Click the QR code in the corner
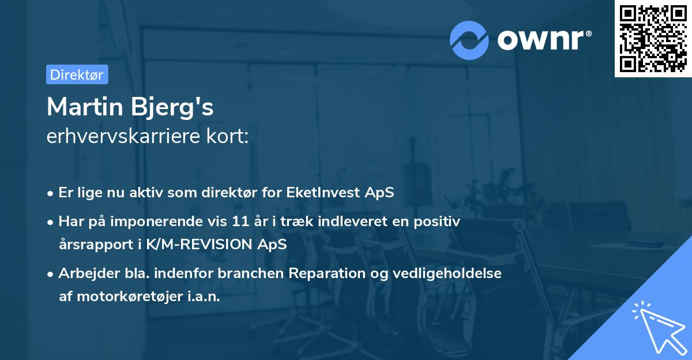(653, 38)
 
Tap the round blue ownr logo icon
(469, 40)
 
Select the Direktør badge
(77, 74)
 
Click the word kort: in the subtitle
(229, 137)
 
